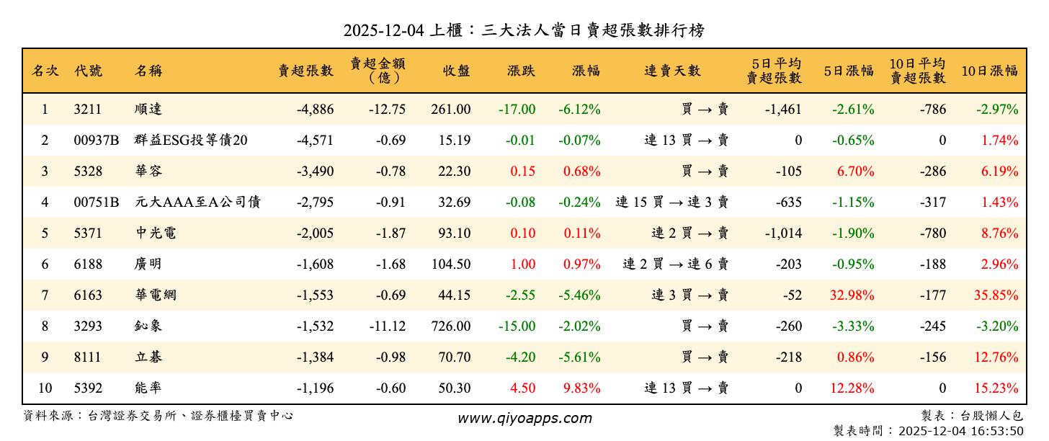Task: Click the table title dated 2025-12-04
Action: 524,30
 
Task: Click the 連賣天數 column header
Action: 672,71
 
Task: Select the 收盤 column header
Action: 456,71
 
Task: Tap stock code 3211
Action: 87,110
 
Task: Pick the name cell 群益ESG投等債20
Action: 191,141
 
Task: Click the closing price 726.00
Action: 451,326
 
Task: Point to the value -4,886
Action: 315,110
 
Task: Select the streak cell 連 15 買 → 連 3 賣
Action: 671,202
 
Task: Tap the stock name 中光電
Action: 155,233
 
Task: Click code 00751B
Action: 96,202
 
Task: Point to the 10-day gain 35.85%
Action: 999,295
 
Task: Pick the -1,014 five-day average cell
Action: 784,233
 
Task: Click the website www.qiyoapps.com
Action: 524,418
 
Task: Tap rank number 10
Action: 45,388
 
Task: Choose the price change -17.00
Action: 517,110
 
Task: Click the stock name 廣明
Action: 148,264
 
